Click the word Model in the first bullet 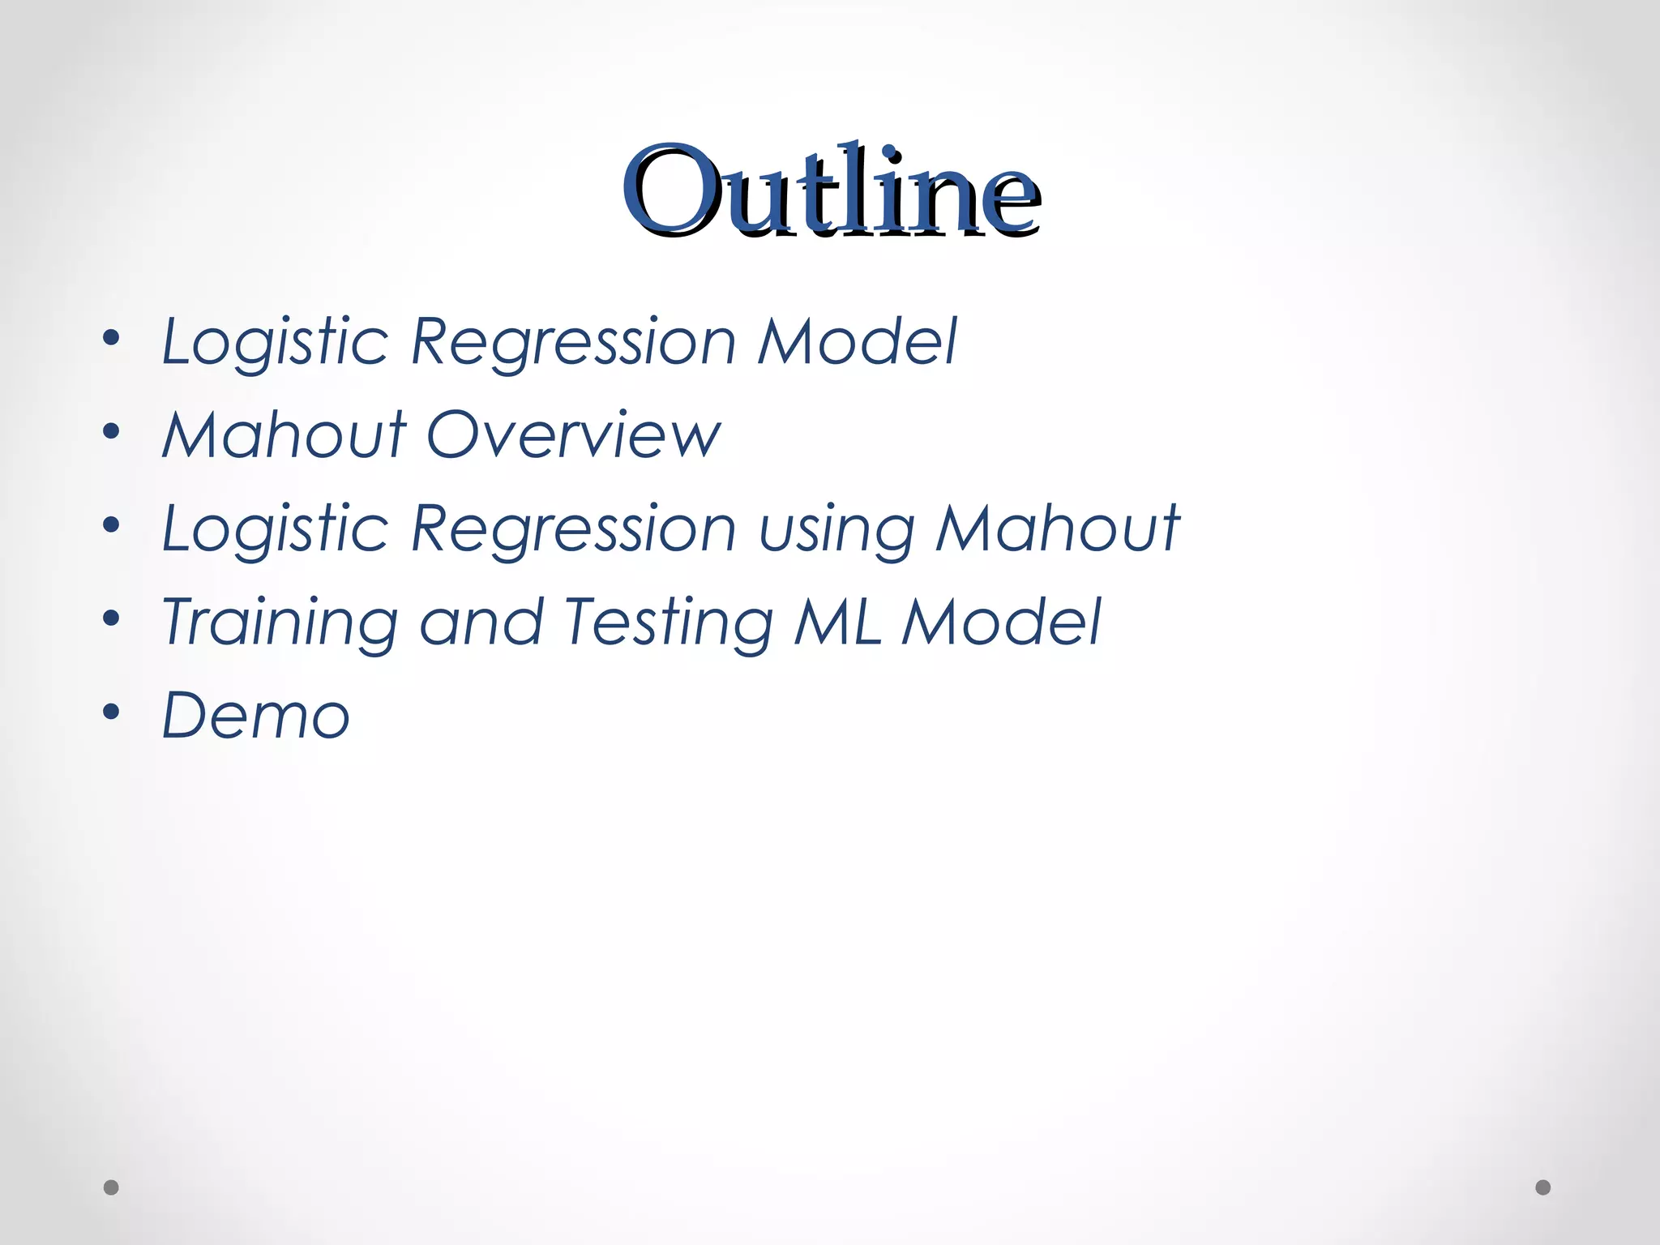857,341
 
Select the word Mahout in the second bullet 284,435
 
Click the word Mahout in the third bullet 1058,528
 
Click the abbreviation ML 837,622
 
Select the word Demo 256,716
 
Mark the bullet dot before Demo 112,712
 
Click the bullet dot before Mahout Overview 112,431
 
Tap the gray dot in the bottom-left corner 111,1187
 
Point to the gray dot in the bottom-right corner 1543,1187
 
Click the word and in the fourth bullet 481,622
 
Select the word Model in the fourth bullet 1001,622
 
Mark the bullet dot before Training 112,618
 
